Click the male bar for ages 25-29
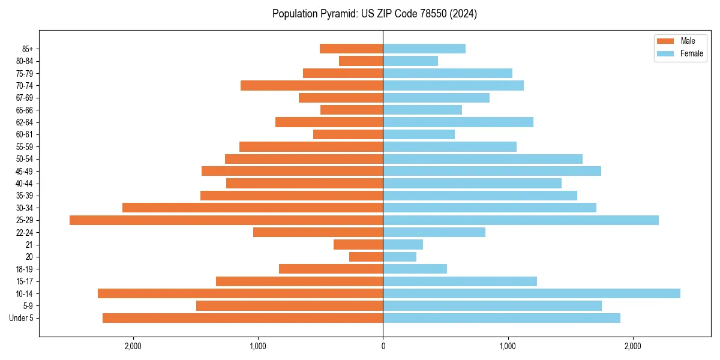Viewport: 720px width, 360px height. (x=226, y=220)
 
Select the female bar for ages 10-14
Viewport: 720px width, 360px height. (x=532, y=293)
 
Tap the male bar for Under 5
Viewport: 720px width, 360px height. (x=242, y=318)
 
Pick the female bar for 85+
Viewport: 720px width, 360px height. (x=424, y=49)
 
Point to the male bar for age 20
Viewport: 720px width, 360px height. (x=366, y=257)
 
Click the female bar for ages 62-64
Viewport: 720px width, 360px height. (x=458, y=122)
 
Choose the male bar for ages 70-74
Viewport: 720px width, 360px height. (x=311, y=85)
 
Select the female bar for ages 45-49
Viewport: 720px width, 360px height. (x=492, y=171)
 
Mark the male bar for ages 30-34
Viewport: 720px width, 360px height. (x=253, y=208)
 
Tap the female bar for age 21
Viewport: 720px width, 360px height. (x=403, y=244)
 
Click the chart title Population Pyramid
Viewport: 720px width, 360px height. (x=374, y=14)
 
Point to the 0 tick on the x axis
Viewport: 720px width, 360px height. (x=383, y=346)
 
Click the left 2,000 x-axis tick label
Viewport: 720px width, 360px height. (x=133, y=346)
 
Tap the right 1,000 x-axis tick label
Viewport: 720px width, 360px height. (x=508, y=346)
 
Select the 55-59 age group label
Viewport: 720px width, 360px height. (x=23, y=147)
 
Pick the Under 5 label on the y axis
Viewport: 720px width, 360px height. (x=22, y=318)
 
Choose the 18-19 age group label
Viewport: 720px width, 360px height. (x=23, y=269)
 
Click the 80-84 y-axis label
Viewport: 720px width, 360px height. (x=23, y=61)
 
